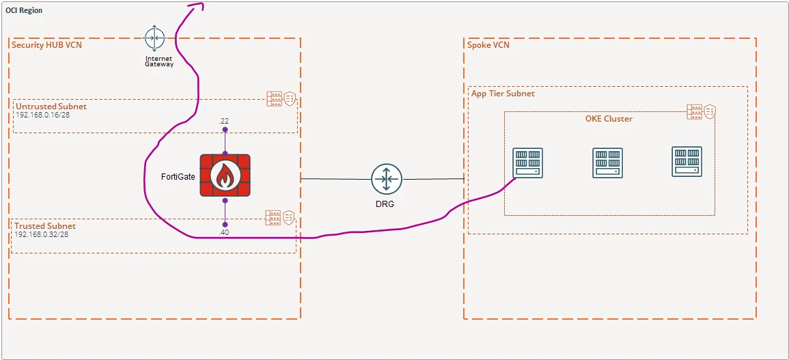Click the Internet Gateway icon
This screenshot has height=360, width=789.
154,38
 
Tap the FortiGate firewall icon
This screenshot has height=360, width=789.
225,176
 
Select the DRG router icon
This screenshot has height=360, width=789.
386,178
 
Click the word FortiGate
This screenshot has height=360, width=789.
178,177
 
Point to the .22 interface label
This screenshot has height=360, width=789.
225,121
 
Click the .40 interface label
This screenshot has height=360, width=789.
225,233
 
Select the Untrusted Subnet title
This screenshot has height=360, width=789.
51,107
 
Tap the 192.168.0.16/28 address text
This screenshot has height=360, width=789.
39,115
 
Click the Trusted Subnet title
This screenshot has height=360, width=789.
46,226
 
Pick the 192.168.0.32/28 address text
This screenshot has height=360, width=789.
39,234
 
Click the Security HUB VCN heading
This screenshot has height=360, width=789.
47,45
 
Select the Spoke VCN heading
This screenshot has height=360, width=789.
488,45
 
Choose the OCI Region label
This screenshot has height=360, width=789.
24,10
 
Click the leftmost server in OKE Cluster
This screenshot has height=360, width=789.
527,162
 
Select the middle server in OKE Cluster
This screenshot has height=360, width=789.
607,162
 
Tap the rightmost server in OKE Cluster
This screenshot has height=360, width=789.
687,162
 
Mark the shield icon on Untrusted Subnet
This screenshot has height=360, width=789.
290,98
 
